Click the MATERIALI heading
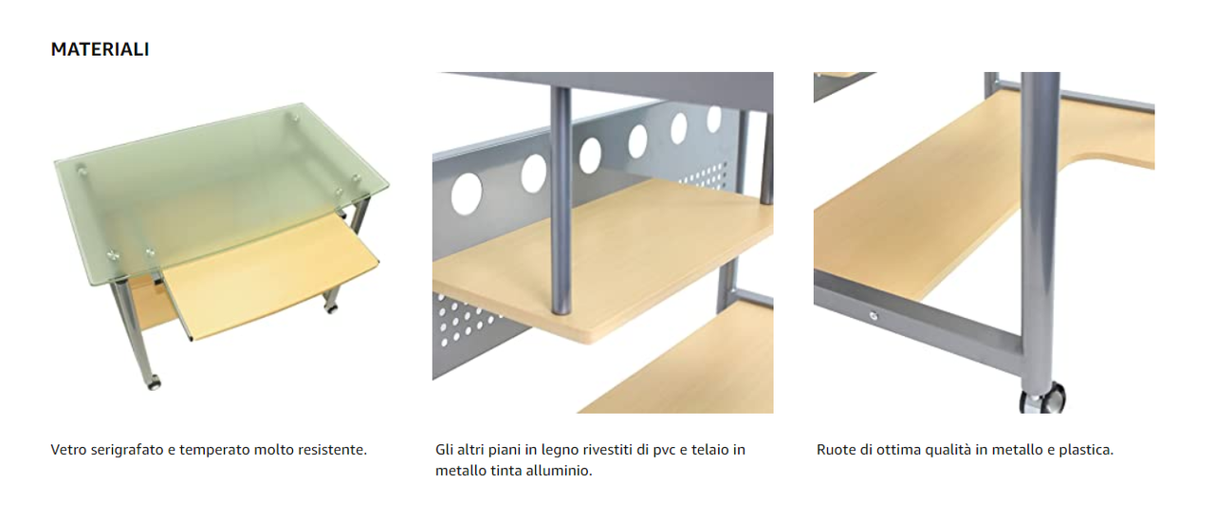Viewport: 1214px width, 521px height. [x=100, y=49]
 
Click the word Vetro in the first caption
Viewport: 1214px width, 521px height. [x=69, y=450]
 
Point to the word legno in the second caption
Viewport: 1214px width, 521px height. [x=561, y=451]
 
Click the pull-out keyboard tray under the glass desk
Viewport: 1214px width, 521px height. [x=272, y=277]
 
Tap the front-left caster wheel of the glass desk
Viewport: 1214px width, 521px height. [x=154, y=382]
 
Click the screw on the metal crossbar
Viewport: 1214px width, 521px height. [x=874, y=315]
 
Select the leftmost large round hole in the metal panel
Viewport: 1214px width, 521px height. [x=466, y=194]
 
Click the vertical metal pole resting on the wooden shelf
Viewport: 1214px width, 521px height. [x=561, y=199]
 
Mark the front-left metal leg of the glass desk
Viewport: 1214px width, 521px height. [x=134, y=330]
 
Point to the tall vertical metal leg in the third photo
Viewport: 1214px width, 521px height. [x=1040, y=233]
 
